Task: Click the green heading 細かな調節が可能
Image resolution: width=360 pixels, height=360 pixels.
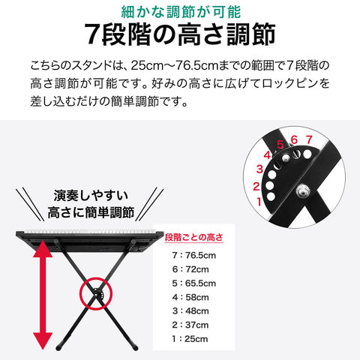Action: pos(181,12)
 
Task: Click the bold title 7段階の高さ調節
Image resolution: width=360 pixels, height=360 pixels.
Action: pos(180,34)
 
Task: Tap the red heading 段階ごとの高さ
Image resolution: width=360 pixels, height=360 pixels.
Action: pos(193,237)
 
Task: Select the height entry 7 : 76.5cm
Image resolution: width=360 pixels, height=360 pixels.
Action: pos(193,255)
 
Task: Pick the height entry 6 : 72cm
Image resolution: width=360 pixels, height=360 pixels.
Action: pos(190,269)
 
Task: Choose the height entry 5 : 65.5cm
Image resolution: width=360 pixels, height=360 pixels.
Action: pos(193,283)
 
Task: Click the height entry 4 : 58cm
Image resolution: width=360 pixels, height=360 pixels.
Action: pos(190,297)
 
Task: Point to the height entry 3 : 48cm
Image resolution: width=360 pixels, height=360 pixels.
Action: pos(190,311)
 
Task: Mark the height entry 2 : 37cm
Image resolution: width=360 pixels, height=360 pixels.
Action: pos(190,325)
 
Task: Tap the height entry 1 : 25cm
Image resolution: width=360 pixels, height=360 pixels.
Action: pos(190,339)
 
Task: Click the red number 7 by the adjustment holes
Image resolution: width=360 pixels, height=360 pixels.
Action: pos(309,139)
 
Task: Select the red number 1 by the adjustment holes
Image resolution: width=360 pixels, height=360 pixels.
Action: pos(259,202)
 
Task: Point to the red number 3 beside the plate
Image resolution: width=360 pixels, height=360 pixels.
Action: pos(259,169)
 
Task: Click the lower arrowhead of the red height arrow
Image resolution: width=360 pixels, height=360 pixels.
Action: pos(43,341)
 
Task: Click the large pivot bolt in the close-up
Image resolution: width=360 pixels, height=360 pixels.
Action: pos(303,191)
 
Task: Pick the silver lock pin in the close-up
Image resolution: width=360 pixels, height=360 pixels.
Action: pos(286,158)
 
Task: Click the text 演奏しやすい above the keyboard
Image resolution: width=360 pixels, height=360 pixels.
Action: pos(91,195)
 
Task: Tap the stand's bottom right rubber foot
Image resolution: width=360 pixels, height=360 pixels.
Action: pos(135,347)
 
